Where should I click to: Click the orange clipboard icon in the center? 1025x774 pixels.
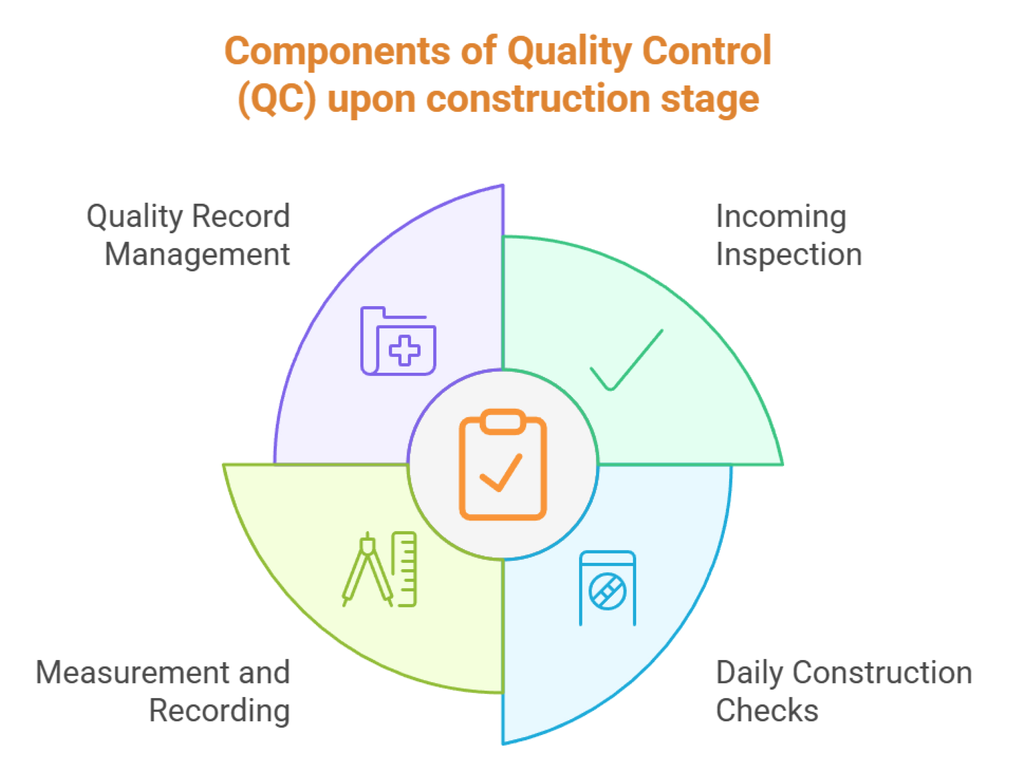[x=503, y=464]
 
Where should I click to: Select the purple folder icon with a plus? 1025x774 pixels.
[x=398, y=341]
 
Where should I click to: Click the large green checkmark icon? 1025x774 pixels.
[x=626, y=360]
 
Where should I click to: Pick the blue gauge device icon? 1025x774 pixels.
[x=607, y=588]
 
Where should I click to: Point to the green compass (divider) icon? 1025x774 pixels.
[x=368, y=569]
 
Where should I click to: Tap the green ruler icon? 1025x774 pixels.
[x=404, y=569]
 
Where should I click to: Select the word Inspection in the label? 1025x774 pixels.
[x=789, y=255]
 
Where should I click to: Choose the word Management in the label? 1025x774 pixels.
[x=197, y=255]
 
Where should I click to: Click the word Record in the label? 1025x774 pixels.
[x=241, y=216]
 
